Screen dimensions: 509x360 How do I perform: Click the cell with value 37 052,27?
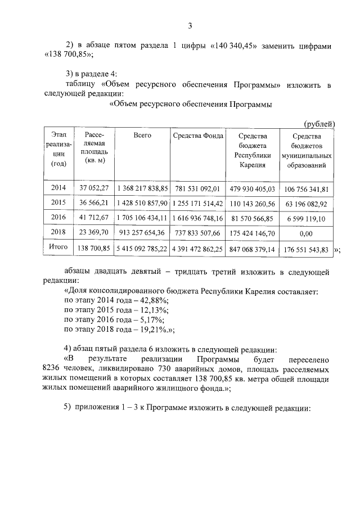tap(93, 188)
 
